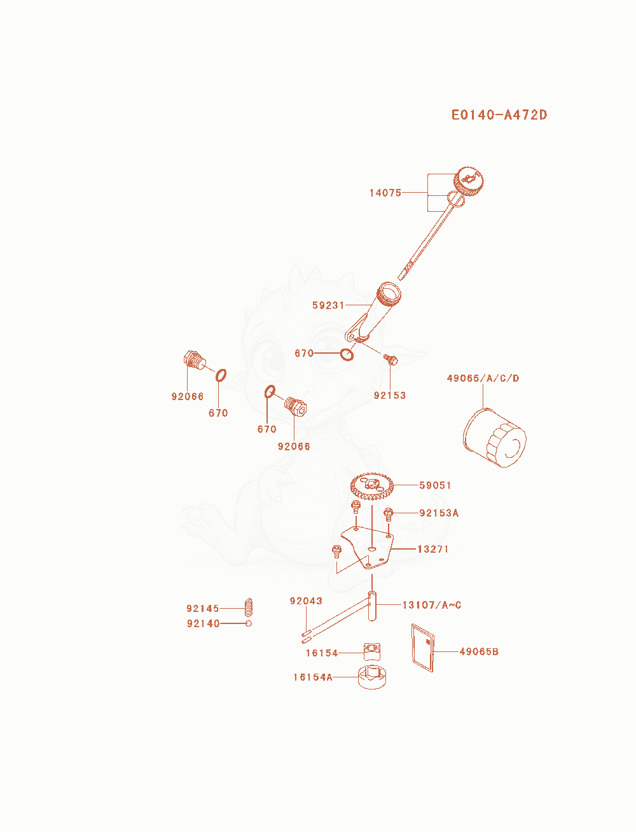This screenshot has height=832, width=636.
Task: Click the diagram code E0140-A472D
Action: click(499, 115)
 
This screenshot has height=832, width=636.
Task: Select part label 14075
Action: click(385, 193)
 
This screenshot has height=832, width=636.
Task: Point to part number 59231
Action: click(328, 305)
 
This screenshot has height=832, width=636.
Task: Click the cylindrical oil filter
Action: click(494, 438)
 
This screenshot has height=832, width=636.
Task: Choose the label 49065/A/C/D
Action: click(483, 378)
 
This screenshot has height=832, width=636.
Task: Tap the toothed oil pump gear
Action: click(371, 486)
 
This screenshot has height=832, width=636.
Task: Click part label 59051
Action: click(435, 485)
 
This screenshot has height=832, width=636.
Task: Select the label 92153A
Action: click(439, 513)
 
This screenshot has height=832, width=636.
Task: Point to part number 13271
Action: click(433, 549)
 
